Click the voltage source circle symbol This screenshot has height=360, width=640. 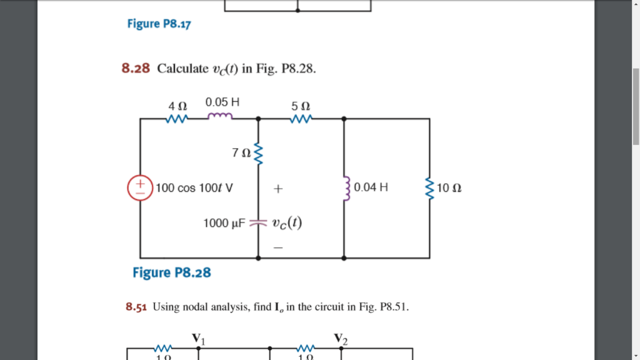tap(140, 187)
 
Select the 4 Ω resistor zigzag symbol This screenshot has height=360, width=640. tap(177, 118)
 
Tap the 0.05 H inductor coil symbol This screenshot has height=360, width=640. tap(220, 117)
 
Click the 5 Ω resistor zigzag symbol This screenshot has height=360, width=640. tap(301, 118)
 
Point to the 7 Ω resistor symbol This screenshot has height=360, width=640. tap(259, 153)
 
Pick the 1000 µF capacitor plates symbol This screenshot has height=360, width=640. tap(259, 222)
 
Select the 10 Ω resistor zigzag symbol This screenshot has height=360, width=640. tap(429, 187)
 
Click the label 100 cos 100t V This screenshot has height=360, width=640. tap(194, 187)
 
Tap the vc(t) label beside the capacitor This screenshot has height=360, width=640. tap(287, 222)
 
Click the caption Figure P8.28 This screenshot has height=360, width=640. tap(172, 272)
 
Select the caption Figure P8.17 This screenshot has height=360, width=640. tap(159, 24)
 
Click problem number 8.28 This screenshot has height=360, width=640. tap(136, 68)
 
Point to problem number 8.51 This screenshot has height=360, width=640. tap(136, 307)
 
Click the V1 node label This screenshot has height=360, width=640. tap(198, 338)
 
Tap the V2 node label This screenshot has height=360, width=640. tap(341, 338)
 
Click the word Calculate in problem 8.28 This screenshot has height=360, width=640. tap(182, 68)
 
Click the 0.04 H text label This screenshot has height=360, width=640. tap(371, 187)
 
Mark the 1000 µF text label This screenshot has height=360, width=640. tap(226, 222)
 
